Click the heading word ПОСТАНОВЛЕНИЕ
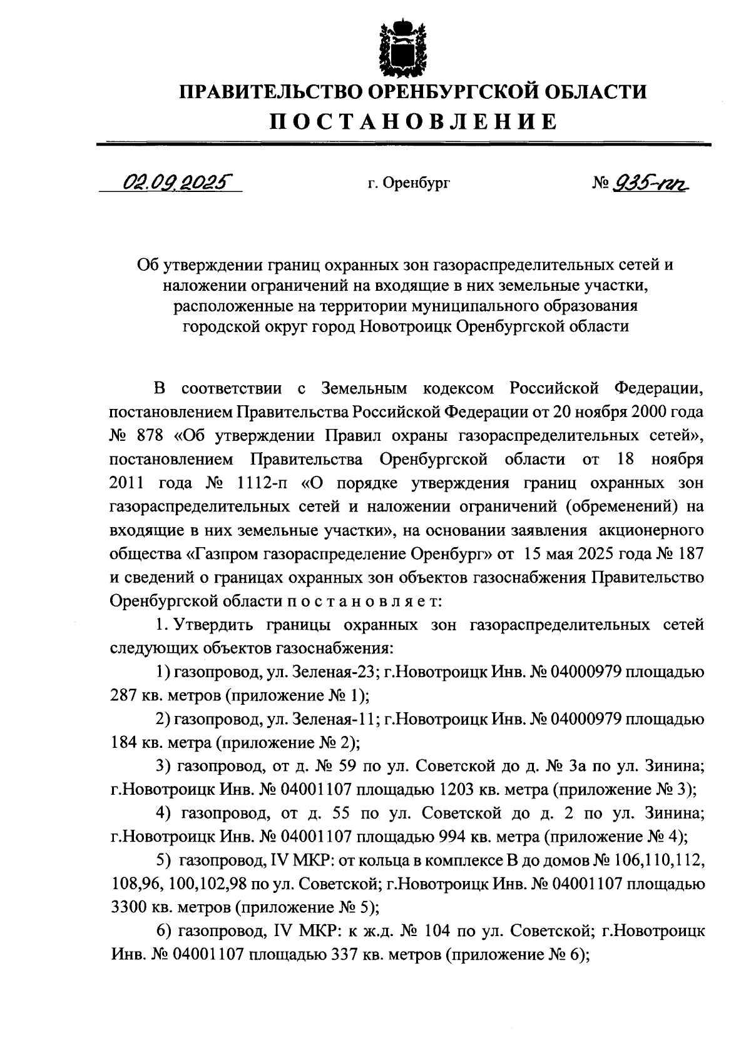pos(413,121)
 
